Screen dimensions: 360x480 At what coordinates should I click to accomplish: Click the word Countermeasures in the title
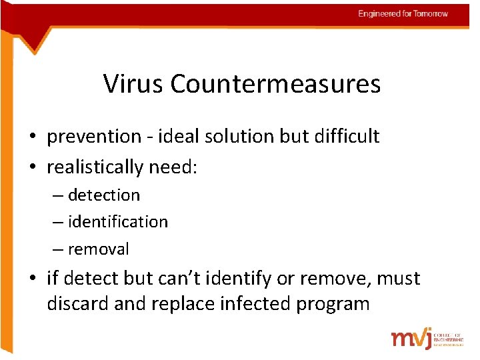click(x=275, y=84)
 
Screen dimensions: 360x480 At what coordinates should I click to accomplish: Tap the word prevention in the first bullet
click(x=94, y=137)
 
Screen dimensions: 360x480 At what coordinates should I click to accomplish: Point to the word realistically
click(x=95, y=167)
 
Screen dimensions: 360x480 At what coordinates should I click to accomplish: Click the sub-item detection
click(x=104, y=195)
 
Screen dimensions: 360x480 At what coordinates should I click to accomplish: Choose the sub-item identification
click(x=118, y=221)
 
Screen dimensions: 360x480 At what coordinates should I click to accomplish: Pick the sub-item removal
click(x=99, y=249)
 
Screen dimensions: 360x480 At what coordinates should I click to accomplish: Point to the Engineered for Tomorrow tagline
click(x=403, y=14)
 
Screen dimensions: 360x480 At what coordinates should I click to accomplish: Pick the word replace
click(x=184, y=304)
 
